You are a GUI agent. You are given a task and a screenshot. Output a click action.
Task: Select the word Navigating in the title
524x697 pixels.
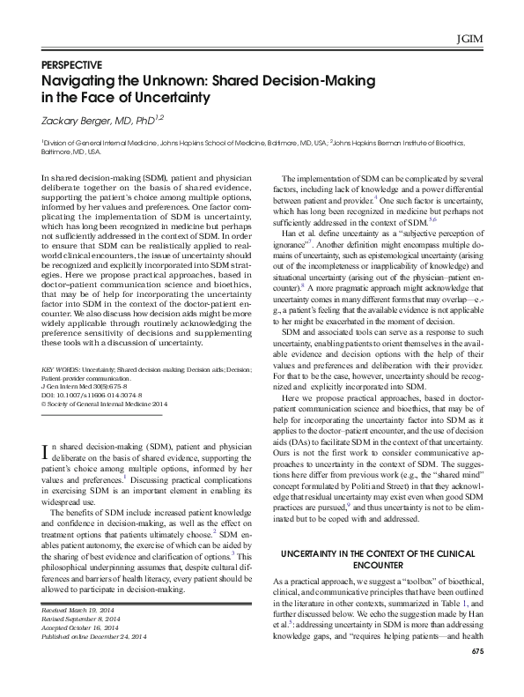(85, 80)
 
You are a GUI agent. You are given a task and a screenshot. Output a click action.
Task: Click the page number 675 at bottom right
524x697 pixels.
(477, 675)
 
